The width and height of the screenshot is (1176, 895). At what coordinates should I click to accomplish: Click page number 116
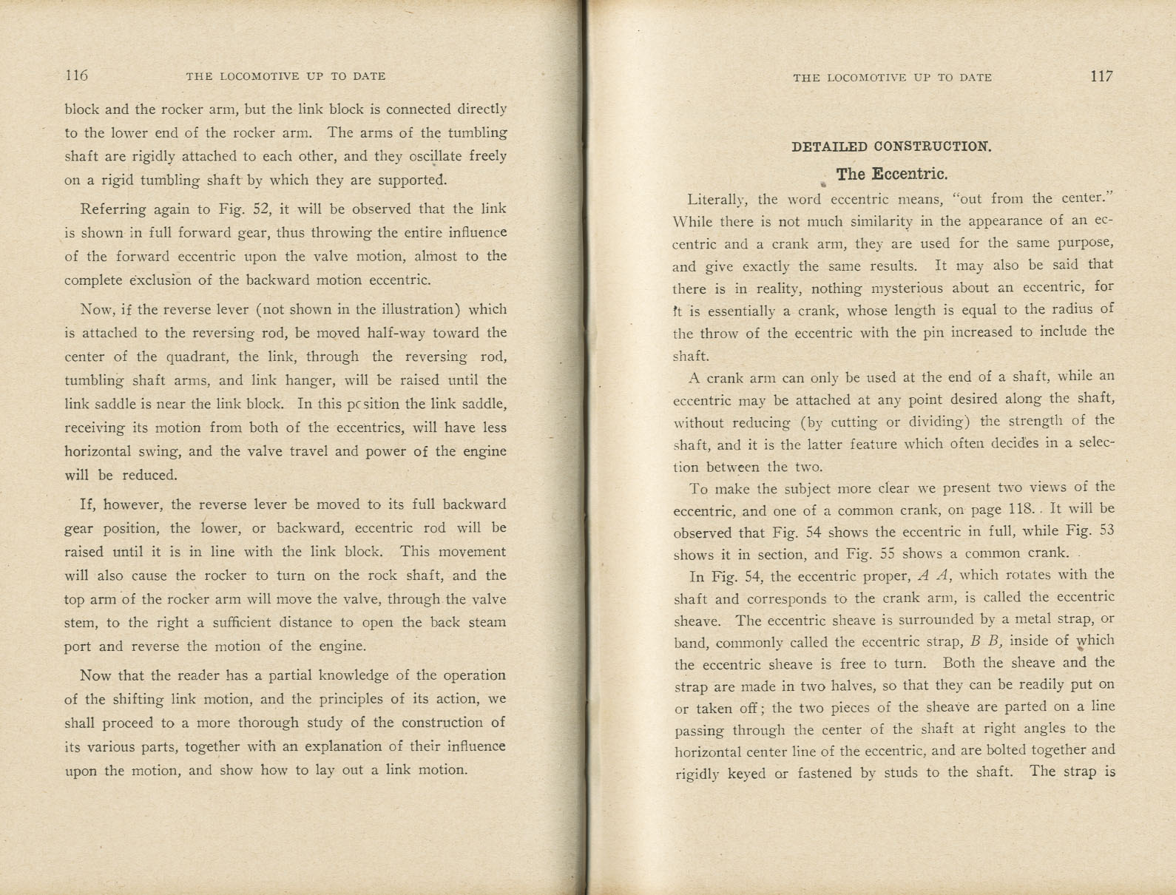76,75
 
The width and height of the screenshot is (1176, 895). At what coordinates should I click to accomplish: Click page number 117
1101,76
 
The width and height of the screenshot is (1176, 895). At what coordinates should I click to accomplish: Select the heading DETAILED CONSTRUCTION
891,146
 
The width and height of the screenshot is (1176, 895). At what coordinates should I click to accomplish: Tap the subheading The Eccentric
891,175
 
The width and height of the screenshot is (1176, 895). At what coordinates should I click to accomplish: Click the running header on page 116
285,76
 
